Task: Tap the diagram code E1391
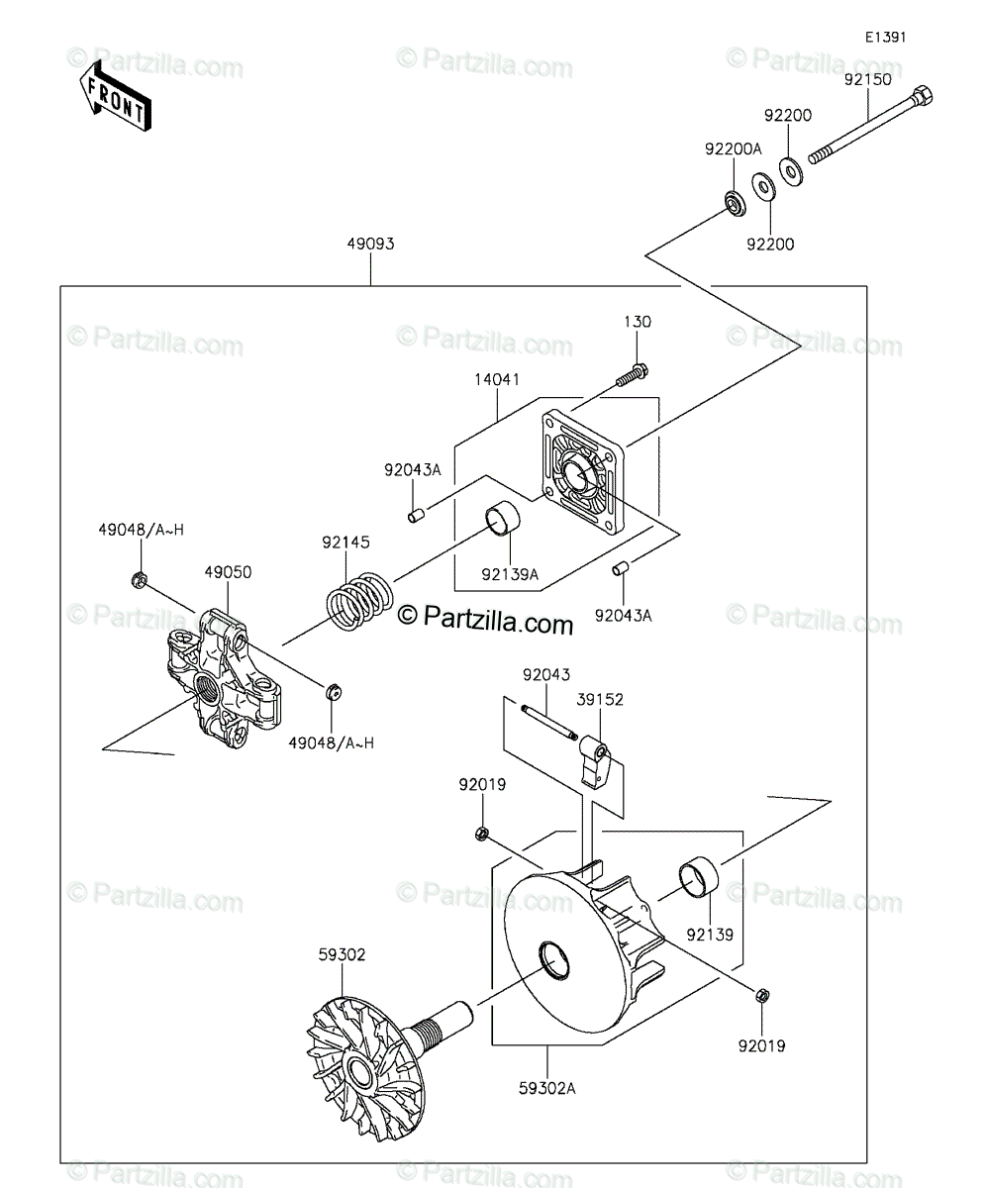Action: (x=885, y=38)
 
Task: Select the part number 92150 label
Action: (x=867, y=79)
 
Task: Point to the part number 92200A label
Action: (x=733, y=149)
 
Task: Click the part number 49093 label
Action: (x=370, y=245)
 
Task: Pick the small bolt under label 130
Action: (x=633, y=376)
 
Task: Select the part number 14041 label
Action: (x=497, y=379)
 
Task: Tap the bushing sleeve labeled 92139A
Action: (x=503, y=519)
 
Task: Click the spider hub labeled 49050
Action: (x=224, y=678)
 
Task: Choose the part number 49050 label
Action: (x=228, y=572)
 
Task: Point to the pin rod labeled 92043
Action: (x=549, y=722)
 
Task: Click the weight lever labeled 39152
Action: (x=595, y=761)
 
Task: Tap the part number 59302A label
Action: (x=547, y=1089)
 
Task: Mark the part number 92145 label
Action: (x=345, y=543)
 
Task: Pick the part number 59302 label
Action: (x=342, y=954)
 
